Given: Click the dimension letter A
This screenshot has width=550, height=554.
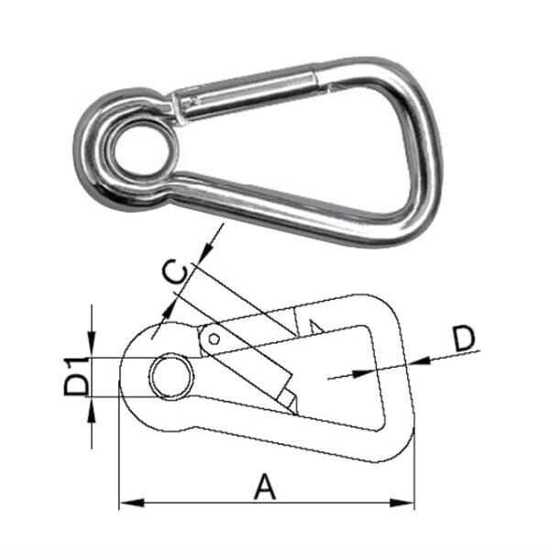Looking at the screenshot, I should click(264, 486).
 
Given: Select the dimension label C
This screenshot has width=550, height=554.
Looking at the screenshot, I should click(175, 272).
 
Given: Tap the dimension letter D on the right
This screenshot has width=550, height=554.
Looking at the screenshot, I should click(465, 338).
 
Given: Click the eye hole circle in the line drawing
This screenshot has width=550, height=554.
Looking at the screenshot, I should click(171, 377).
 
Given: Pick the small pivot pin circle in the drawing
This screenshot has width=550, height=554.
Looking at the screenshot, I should click(214, 338).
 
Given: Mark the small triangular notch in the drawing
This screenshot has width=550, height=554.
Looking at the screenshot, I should click(314, 326).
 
